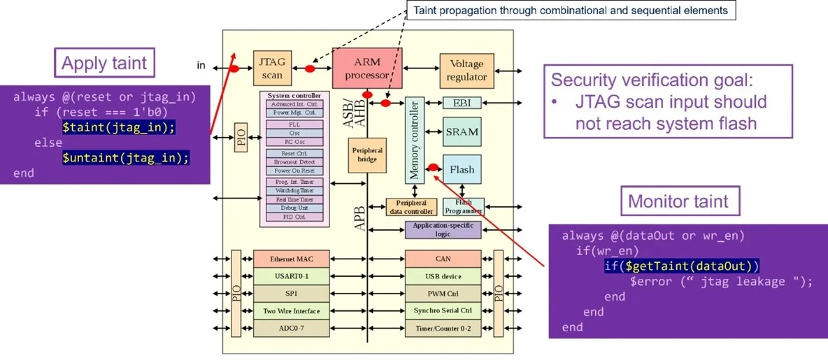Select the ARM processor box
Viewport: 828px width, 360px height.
point(366,68)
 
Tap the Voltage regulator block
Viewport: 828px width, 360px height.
point(466,70)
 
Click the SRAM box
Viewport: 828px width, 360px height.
point(462,131)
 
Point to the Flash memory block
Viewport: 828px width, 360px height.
point(462,169)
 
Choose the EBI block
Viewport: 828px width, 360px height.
point(462,103)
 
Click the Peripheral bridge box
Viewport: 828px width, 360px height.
point(367,155)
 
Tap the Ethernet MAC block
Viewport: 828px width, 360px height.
point(291,259)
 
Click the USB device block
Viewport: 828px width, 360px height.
point(442,277)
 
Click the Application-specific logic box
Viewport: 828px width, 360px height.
point(442,229)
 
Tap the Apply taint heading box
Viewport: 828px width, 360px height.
point(104,64)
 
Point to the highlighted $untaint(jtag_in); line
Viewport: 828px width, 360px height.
point(126,157)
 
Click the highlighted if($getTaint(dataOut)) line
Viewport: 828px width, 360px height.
point(682,266)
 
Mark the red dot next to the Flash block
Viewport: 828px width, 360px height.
point(433,167)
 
